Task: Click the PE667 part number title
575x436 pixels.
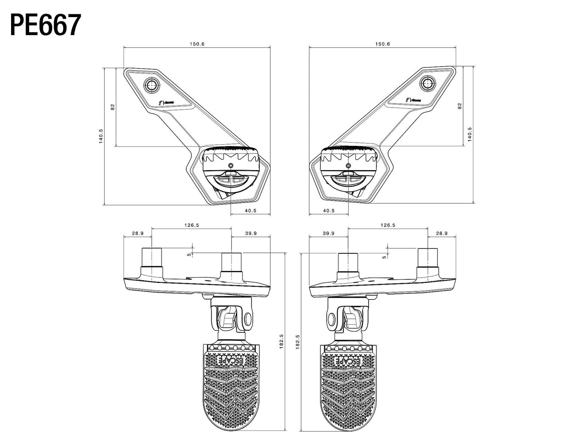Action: pos(45,25)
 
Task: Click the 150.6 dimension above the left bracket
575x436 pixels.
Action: pos(197,44)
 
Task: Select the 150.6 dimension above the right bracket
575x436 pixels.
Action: pos(382,44)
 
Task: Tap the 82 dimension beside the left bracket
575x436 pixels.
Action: pos(112,107)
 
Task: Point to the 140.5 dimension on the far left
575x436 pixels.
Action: pos(101,136)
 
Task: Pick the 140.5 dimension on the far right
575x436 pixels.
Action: pos(470,134)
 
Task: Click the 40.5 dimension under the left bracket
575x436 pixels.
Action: pos(251,210)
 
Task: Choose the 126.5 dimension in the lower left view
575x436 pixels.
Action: pos(191,225)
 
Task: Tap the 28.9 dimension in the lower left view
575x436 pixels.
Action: pos(138,234)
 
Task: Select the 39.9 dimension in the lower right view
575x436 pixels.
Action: pos(329,234)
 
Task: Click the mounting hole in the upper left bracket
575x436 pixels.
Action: pos(152,84)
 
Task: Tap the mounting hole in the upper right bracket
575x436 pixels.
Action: pos(428,83)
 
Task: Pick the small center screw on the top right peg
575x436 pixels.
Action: pos(349,165)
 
